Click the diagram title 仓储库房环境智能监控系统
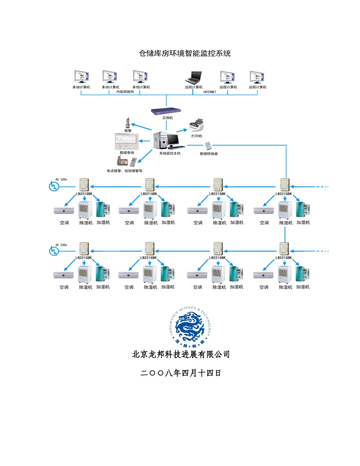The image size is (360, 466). pos(185,53)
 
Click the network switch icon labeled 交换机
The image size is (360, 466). pos(166,111)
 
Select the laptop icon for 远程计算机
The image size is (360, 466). pos(193,78)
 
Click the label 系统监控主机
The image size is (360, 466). pos(170,153)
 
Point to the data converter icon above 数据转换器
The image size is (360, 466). pos(208,146)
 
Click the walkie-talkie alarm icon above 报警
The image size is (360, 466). pos(128,123)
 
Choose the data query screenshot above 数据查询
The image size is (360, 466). pos(127,142)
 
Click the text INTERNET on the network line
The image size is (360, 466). pos(210,92)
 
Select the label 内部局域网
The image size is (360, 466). pos(125,92)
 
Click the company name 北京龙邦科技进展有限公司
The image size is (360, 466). pos(181,355)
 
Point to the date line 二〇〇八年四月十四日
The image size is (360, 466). pos(181,373)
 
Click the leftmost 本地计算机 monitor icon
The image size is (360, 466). pos(81,77)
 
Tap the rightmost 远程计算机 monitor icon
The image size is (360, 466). pos(257,77)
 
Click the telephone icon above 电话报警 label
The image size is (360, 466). pos(122,161)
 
